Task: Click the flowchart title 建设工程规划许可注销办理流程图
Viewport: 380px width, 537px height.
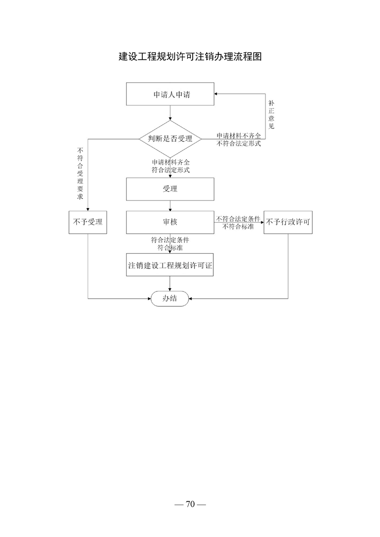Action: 190,56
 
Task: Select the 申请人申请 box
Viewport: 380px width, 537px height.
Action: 170,94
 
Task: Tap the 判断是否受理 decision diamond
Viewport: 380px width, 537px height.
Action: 170,139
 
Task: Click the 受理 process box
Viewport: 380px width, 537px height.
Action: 170,189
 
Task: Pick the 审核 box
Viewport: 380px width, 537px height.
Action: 170,222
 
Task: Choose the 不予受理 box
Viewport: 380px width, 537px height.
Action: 88,222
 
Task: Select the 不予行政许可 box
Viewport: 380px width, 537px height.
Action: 288,222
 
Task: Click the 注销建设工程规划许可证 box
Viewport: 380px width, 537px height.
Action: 170,265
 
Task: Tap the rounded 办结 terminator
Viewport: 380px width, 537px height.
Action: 170,299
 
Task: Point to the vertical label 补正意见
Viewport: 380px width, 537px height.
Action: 271,115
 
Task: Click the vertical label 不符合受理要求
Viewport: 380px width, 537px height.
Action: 80,173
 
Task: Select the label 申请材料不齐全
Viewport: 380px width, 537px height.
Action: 239,135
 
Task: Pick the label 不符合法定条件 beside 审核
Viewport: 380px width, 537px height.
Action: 238,219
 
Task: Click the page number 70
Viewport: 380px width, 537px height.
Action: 190,504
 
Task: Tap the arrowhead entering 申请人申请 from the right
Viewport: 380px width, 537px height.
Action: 216,94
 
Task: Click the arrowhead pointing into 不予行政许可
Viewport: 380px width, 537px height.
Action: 262,222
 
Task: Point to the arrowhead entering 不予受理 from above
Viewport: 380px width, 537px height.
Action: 88,209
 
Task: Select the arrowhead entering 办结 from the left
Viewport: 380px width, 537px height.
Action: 150,299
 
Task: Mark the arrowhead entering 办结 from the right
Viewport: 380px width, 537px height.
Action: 191,299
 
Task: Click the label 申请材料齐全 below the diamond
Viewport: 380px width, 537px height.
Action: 171,162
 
